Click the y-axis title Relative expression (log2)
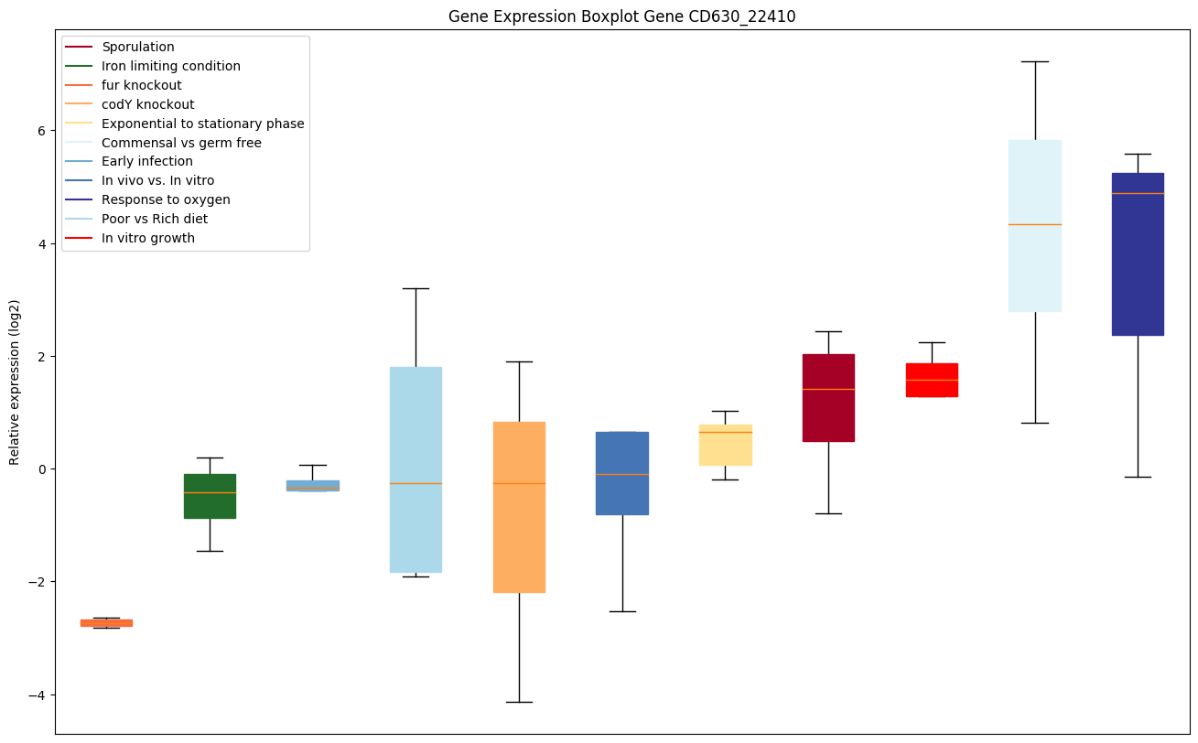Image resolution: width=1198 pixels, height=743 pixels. (15, 382)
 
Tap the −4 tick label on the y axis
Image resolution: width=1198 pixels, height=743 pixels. (38, 695)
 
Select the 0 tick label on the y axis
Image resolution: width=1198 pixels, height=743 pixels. (41, 469)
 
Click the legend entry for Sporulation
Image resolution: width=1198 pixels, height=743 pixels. (137, 47)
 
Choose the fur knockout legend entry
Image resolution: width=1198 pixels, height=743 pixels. (141, 85)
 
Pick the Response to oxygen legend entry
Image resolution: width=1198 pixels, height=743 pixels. (166, 199)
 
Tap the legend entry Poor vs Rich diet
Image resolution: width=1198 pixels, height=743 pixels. (154, 219)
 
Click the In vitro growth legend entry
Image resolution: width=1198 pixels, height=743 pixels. (147, 238)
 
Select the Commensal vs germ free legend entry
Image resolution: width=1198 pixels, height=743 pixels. (181, 143)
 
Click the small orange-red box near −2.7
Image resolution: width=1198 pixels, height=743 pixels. (106, 623)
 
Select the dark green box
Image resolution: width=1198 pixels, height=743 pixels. (210, 496)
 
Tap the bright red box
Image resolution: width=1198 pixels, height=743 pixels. (932, 380)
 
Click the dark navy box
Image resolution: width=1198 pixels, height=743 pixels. (1138, 275)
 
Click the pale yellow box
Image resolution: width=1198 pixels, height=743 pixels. (725, 446)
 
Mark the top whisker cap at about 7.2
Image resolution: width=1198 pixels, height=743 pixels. (1035, 61)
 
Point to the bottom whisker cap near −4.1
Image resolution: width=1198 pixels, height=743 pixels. (519, 702)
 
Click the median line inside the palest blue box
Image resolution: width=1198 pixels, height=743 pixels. (1035, 224)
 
